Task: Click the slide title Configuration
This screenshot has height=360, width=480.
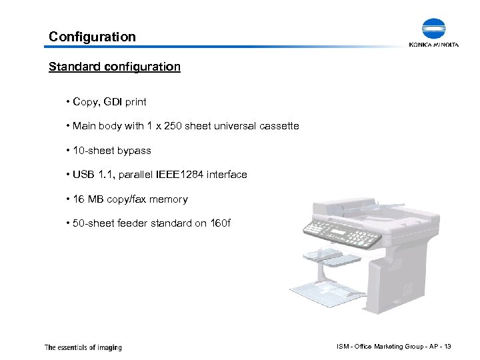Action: point(92,37)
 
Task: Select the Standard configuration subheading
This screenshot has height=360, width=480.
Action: point(115,67)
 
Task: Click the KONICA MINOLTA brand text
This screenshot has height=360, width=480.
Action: point(434,45)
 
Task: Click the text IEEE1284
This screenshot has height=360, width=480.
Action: point(181,175)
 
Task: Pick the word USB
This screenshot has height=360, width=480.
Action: point(83,175)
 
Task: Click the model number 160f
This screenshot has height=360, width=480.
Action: point(219,223)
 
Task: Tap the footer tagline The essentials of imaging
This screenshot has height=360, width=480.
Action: point(83,347)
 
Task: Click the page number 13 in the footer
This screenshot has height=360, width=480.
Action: point(447,346)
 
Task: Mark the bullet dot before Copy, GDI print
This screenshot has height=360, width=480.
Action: point(68,103)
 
